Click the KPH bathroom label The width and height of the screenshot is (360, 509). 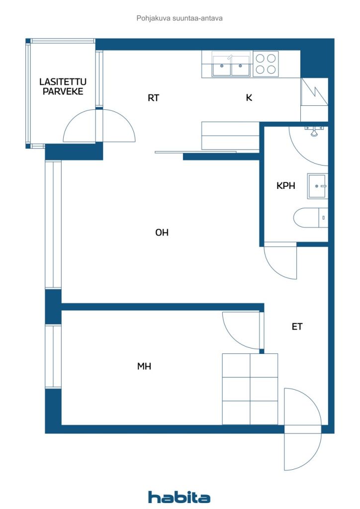click(285, 186)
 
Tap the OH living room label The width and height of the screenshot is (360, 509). click(162, 233)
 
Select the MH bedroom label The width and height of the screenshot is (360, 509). click(144, 366)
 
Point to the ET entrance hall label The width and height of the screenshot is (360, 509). click(297, 327)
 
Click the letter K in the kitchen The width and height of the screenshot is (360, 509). click(249, 98)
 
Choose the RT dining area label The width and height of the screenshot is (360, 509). click(153, 98)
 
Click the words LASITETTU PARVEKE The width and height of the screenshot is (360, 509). click(63, 86)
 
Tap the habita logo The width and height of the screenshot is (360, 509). click(179, 497)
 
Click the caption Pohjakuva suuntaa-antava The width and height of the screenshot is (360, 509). click(180, 18)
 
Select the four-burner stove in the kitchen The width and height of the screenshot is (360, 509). click(266, 64)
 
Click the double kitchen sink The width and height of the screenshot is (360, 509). click(231, 64)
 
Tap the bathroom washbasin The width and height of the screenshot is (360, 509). click(317, 186)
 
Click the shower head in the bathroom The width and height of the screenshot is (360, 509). click(314, 131)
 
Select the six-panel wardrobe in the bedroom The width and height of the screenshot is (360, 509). click(250, 389)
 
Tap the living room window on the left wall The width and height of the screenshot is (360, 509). click(53, 224)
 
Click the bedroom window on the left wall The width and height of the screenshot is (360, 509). click(53, 356)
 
